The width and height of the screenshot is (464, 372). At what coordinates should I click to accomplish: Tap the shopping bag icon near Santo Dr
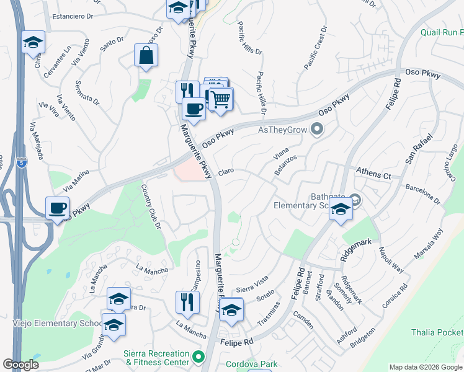pyautogui.click(x=145, y=55)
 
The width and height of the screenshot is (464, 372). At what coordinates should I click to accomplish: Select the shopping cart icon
pyautogui.click(x=220, y=99)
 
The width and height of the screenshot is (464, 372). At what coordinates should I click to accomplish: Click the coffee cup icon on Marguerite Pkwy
pyautogui.click(x=194, y=109)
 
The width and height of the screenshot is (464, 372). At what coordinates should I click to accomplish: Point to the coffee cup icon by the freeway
pyautogui.click(x=58, y=208)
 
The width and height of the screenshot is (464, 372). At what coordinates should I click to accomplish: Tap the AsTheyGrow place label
pyautogui.click(x=283, y=130)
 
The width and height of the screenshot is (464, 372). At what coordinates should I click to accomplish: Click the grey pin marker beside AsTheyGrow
pyautogui.click(x=318, y=130)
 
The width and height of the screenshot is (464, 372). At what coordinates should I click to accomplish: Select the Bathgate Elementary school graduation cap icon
pyautogui.click(x=341, y=210)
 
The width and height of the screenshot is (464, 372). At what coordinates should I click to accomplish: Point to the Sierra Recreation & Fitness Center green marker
pyautogui.click(x=198, y=357)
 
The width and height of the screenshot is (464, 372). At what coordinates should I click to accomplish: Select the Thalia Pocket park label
pyautogui.click(x=437, y=333)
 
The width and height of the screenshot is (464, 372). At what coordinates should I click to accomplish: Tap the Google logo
pyautogui.click(x=21, y=365)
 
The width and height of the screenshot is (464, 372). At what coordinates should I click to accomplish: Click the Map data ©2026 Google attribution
pyautogui.click(x=425, y=367)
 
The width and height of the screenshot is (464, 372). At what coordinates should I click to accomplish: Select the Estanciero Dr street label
pyautogui.click(x=76, y=17)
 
